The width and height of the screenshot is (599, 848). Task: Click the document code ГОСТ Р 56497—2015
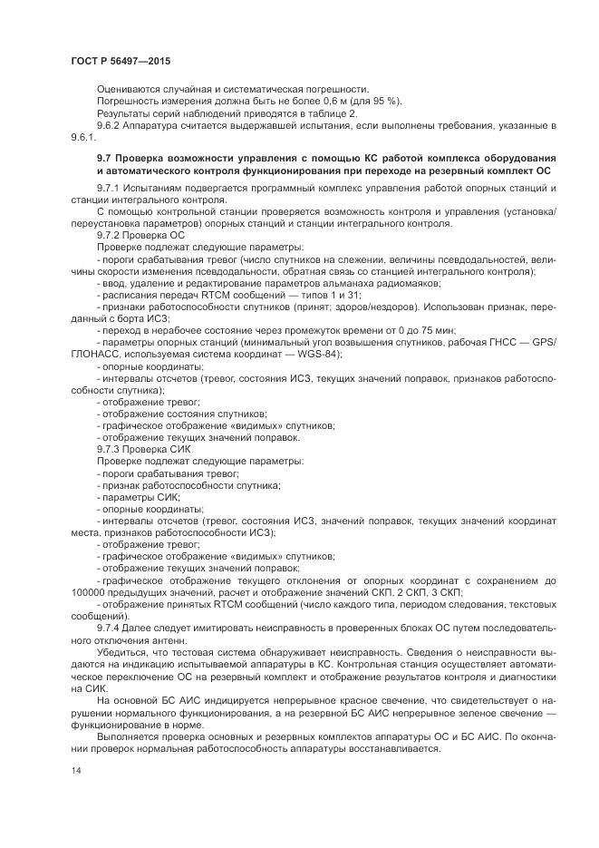(120, 61)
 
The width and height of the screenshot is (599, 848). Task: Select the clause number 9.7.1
(111, 187)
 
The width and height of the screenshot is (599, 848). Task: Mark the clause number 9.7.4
(111, 628)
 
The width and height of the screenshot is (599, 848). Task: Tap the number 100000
(88, 591)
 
